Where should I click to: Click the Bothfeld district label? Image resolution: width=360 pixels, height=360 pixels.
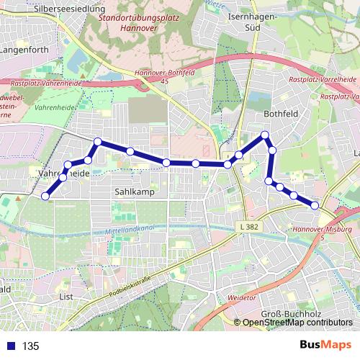(x=280, y=114)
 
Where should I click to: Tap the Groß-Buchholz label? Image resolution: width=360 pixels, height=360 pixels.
(x=287, y=315)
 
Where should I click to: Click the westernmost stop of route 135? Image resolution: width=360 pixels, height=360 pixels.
(x=45, y=196)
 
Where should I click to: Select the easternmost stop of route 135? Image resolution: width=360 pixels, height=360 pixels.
(x=315, y=206)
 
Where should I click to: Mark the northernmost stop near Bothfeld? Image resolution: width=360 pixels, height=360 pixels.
(x=265, y=135)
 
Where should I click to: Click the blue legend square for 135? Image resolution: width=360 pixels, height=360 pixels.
(x=9, y=346)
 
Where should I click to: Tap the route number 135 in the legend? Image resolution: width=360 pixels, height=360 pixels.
(x=31, y=346)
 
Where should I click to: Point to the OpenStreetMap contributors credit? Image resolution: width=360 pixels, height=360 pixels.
(x=297, y=323)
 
